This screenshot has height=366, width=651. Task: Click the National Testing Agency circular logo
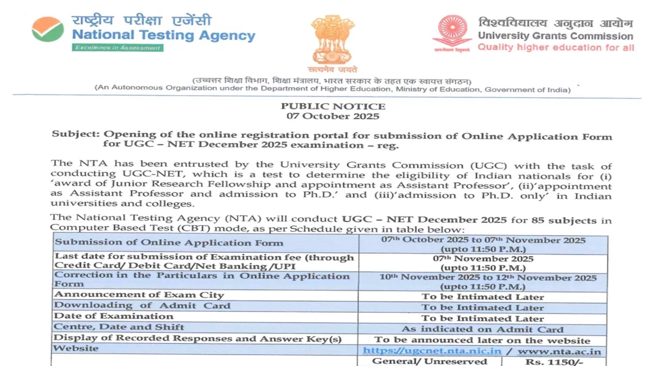point(48,29)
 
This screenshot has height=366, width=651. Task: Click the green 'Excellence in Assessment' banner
point(117,48)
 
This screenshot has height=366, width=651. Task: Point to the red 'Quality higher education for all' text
point(556,48)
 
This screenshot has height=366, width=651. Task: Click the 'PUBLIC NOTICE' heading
point(333,106)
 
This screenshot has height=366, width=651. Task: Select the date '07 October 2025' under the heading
point(333,116)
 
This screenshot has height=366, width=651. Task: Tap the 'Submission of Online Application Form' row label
point(141,242)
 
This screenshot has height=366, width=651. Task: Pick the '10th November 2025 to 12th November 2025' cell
point(482,278)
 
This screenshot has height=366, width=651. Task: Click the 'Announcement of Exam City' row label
point(139,295)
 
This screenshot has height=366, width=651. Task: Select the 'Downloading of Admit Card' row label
point(142,306)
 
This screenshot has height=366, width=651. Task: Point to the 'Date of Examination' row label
point(114,317)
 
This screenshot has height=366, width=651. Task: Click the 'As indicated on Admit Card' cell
point(482,329)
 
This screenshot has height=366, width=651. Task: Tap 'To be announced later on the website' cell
point(482,341)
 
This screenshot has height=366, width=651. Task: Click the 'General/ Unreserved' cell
point(429,361)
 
